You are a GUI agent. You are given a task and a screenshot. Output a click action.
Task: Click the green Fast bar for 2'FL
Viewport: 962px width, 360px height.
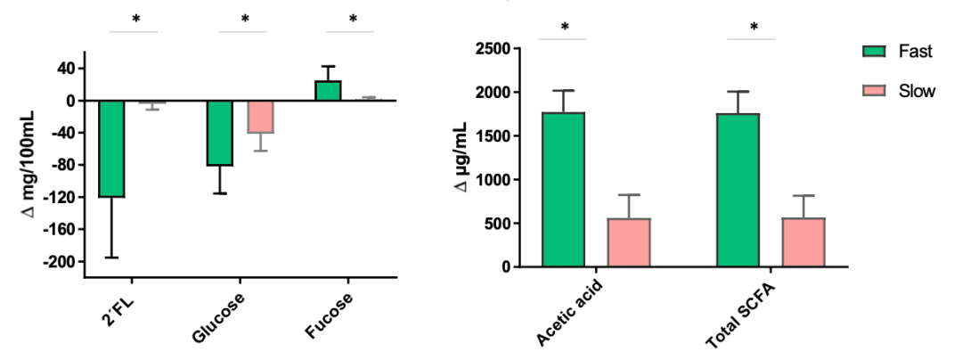pyautogui.click(x=111, y=149)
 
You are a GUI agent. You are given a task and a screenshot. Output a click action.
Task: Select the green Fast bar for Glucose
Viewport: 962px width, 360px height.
pyautogui.click(x=220, y=134)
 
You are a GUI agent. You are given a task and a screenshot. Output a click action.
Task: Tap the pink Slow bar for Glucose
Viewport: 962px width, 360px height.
pyautogui.click(x=260, y=117)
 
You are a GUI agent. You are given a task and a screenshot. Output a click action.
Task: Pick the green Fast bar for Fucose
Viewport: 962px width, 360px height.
pyautogui.click(x=328, y=91)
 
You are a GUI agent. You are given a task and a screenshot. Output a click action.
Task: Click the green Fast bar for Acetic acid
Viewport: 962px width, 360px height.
pyautogui.click(x=563, y=190)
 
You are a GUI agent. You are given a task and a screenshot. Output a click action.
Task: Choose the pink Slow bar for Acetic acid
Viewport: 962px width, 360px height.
pyautogui.click(x=629, y=242)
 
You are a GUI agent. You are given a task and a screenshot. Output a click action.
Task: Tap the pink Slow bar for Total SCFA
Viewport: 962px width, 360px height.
pyautogui.click(x=803, y=242)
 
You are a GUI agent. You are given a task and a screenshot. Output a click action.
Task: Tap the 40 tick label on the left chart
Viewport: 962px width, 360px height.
pyautogui.click(x=64, y=69)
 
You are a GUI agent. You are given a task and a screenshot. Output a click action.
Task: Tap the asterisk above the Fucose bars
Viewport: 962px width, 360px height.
pyautogui.click(x=353, y=19)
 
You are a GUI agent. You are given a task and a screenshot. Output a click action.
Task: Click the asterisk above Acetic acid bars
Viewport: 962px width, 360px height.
pyautogui.click(x=565, y=27)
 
